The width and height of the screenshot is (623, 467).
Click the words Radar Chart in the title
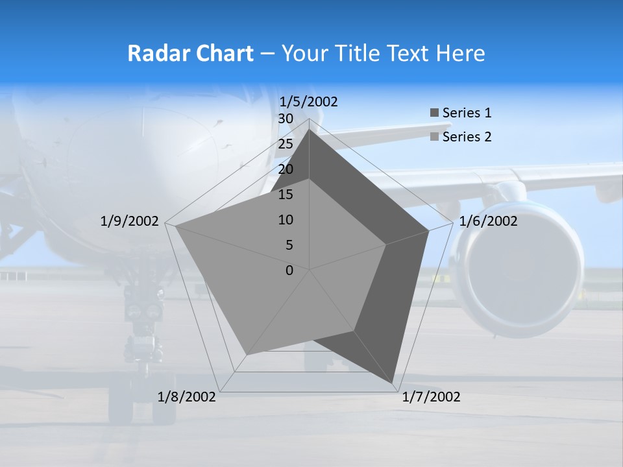click(190, 53)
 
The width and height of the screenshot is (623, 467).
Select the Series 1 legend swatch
click(434, 114)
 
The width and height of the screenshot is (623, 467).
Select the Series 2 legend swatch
click(434, 138)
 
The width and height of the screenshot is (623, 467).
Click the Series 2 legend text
click(467, 137)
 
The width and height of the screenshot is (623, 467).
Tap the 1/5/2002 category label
click(308, 101)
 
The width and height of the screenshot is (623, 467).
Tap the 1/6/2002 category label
click(488, 221)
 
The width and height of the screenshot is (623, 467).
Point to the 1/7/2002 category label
click(431, 397)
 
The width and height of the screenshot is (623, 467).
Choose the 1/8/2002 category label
click(187, 397)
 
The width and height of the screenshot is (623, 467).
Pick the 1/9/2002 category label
click(129, 221)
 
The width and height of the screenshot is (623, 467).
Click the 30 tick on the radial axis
click(286, 119)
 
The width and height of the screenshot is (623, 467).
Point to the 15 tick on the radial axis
click(286, 195)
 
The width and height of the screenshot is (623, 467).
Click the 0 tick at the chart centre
click(289, 270)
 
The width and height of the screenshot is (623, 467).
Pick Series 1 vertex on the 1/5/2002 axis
click(310, 130)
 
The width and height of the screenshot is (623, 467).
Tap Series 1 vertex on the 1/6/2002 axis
click(428, 230)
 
